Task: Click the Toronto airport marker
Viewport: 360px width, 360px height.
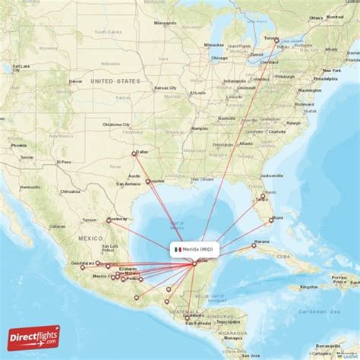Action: [276, 42]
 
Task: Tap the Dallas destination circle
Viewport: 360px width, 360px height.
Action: [135, 153]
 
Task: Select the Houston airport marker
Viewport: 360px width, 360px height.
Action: [149, 182]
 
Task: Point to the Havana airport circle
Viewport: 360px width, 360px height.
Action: [254, 245]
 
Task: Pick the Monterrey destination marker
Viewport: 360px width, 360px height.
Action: [109, 221]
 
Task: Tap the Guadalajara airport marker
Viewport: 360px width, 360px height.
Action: [82, 267]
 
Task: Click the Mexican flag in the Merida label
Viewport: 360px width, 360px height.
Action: [176, 249]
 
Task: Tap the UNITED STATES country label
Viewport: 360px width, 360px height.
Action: [115, 81]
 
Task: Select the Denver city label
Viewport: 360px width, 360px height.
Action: [76, 81]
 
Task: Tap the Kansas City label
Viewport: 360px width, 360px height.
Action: [166, 88]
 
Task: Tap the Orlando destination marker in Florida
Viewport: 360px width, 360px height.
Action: [263, 197]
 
